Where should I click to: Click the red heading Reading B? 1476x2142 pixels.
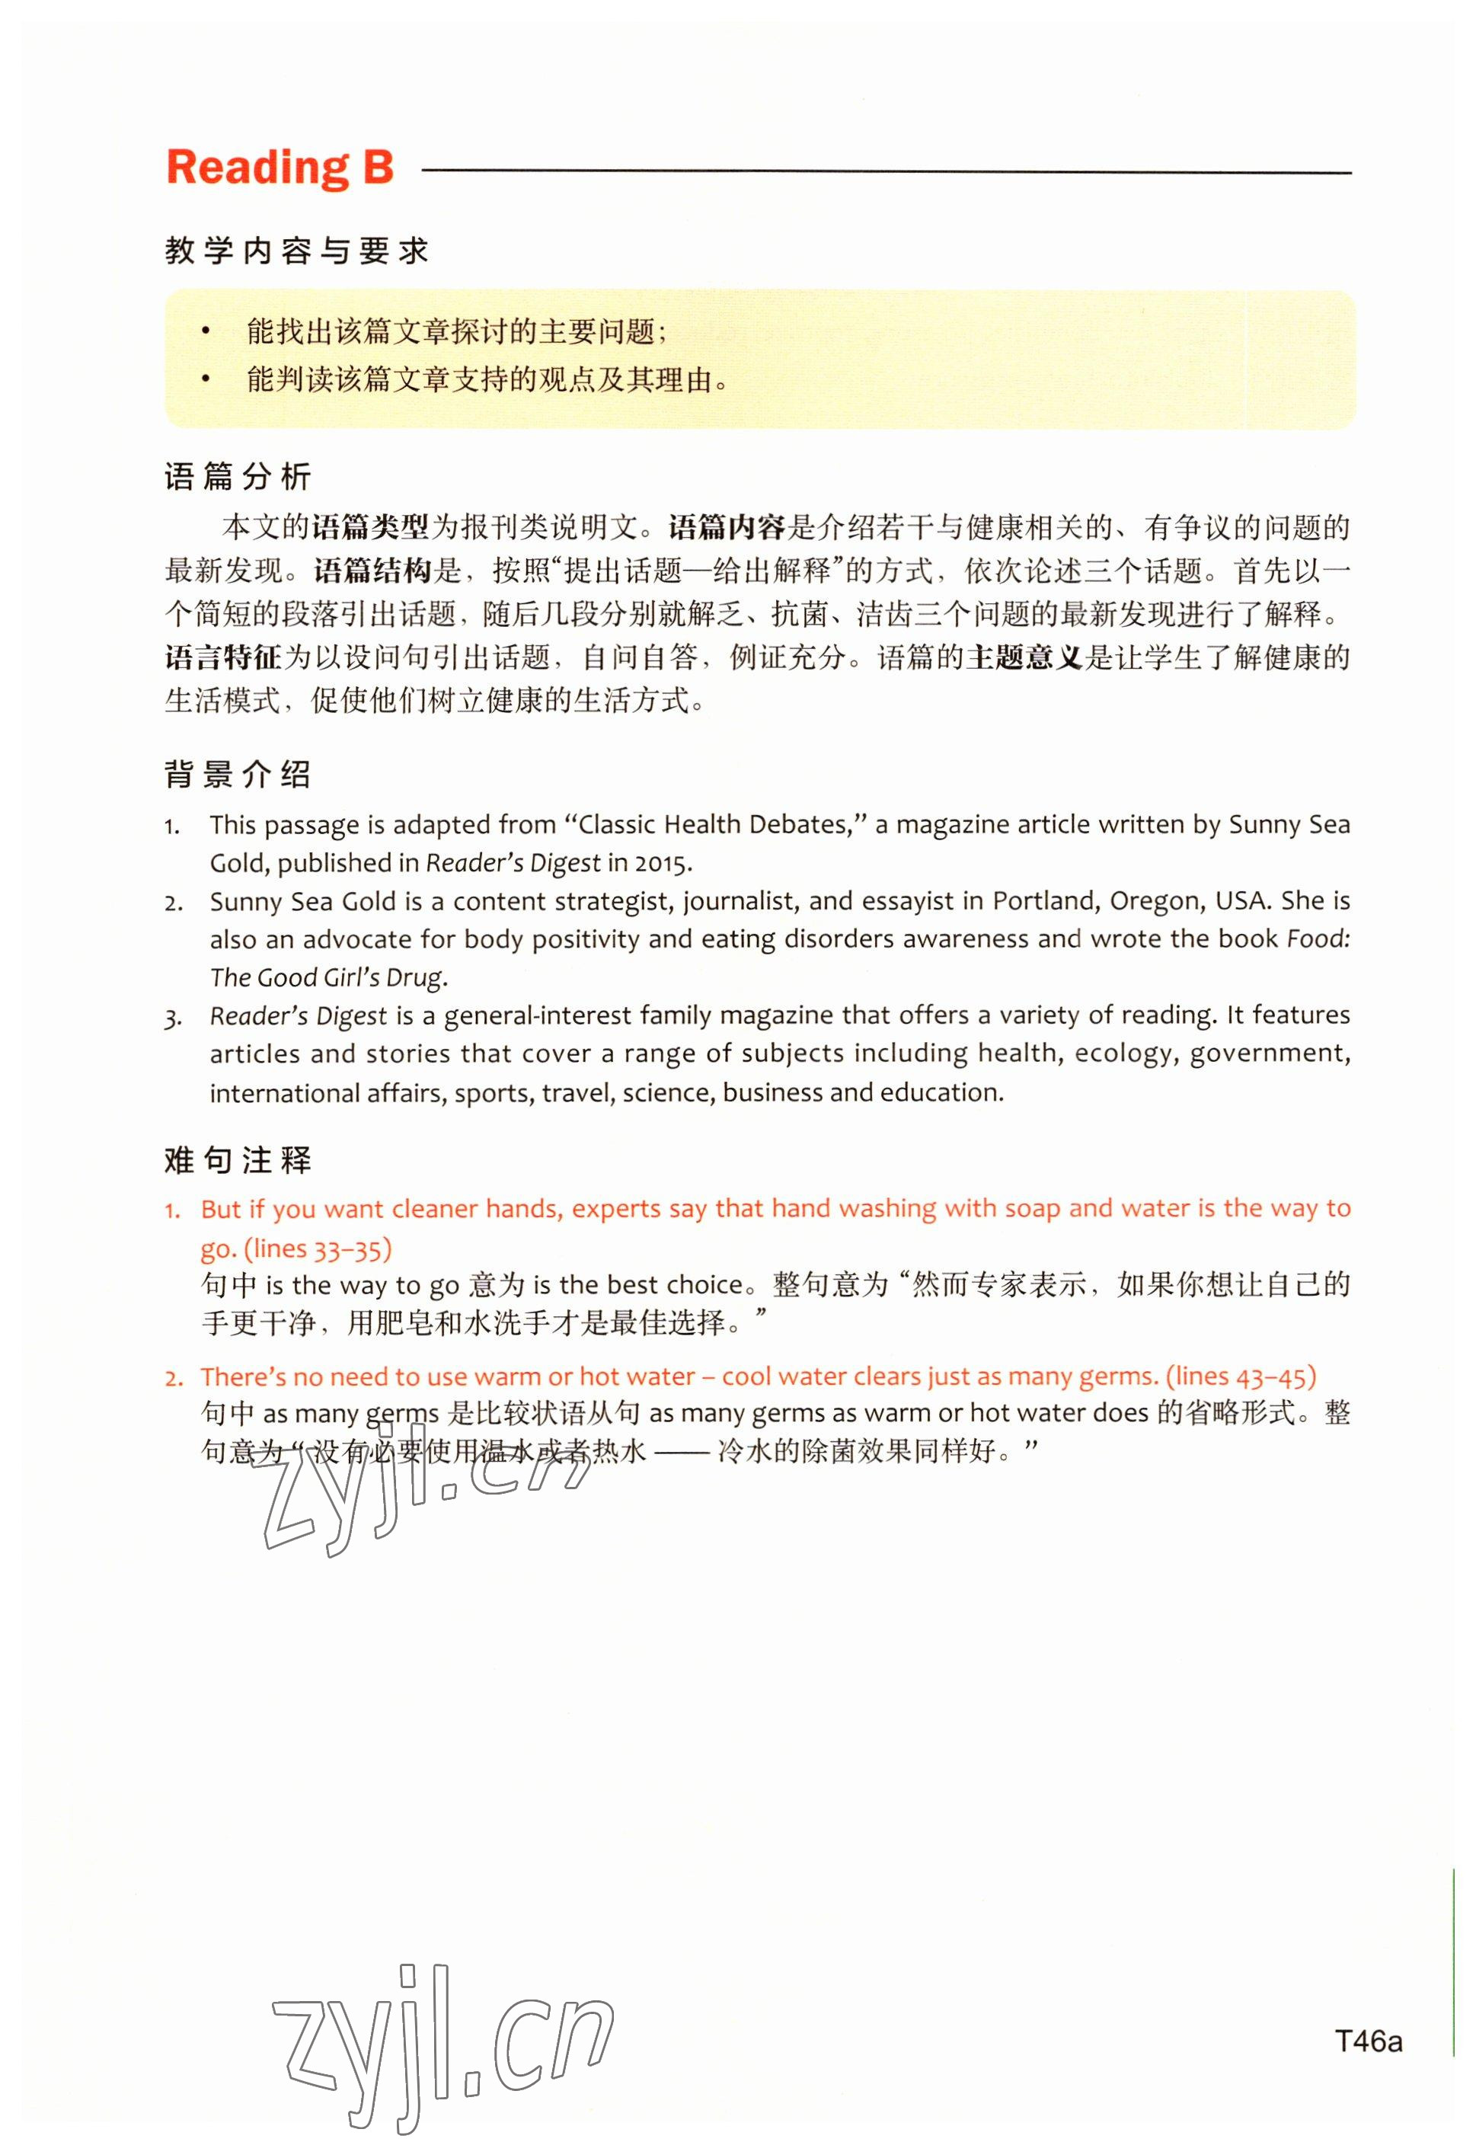[x=280, y=168]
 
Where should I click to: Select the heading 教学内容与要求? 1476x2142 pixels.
[x=297, y=251]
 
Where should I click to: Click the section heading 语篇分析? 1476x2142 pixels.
[x=238, y=478]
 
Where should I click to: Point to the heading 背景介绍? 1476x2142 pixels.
[x=238, y=774]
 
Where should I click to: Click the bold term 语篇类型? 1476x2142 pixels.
[x=371, y=528]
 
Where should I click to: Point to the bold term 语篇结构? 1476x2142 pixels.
[x=372, y=571]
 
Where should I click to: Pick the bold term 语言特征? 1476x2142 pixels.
[x=223, y=657]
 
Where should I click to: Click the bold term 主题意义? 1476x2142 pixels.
[x=1024, y=657]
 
